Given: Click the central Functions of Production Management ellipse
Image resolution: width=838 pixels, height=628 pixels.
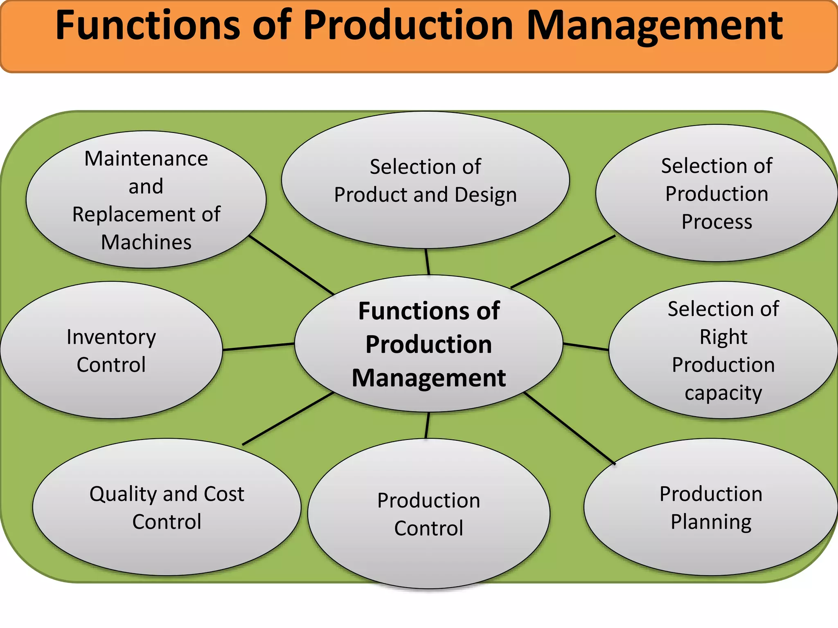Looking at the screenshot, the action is click(428, 343).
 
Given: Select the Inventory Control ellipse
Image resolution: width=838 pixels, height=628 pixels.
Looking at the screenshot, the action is click(111, 350).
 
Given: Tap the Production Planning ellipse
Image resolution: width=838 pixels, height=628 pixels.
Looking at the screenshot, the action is click(711, 507).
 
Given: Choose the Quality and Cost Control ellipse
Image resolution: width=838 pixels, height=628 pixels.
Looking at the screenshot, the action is click(167, 507).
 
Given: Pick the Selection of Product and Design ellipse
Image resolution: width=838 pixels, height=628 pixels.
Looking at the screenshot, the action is click(425, 180).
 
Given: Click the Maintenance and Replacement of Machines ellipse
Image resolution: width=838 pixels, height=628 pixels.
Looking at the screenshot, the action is click(146, 200).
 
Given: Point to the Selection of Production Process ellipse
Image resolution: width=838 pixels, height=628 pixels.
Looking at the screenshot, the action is click(716, 193).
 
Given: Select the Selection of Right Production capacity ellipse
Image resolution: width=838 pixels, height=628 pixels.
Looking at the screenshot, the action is click(723, 350).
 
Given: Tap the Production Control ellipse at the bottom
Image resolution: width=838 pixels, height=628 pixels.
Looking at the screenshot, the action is click(428, 514).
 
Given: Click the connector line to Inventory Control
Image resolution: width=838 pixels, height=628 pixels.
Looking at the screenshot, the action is click(259, 347).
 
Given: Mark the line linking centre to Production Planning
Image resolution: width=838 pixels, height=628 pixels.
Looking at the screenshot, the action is click(570, 428).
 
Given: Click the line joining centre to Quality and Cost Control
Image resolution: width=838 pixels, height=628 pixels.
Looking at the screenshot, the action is click(288, 419).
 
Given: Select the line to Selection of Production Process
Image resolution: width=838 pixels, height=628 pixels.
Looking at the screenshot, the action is click(563, 262).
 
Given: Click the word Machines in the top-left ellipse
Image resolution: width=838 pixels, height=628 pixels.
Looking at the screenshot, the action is click(146, 242).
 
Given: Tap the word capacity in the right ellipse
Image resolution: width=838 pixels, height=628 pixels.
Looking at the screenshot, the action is click(723, 393).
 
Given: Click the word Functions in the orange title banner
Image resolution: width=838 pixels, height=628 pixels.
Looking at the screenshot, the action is click(147, 25).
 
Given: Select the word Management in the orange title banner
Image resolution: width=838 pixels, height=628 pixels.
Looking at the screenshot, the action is click(655, 25).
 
